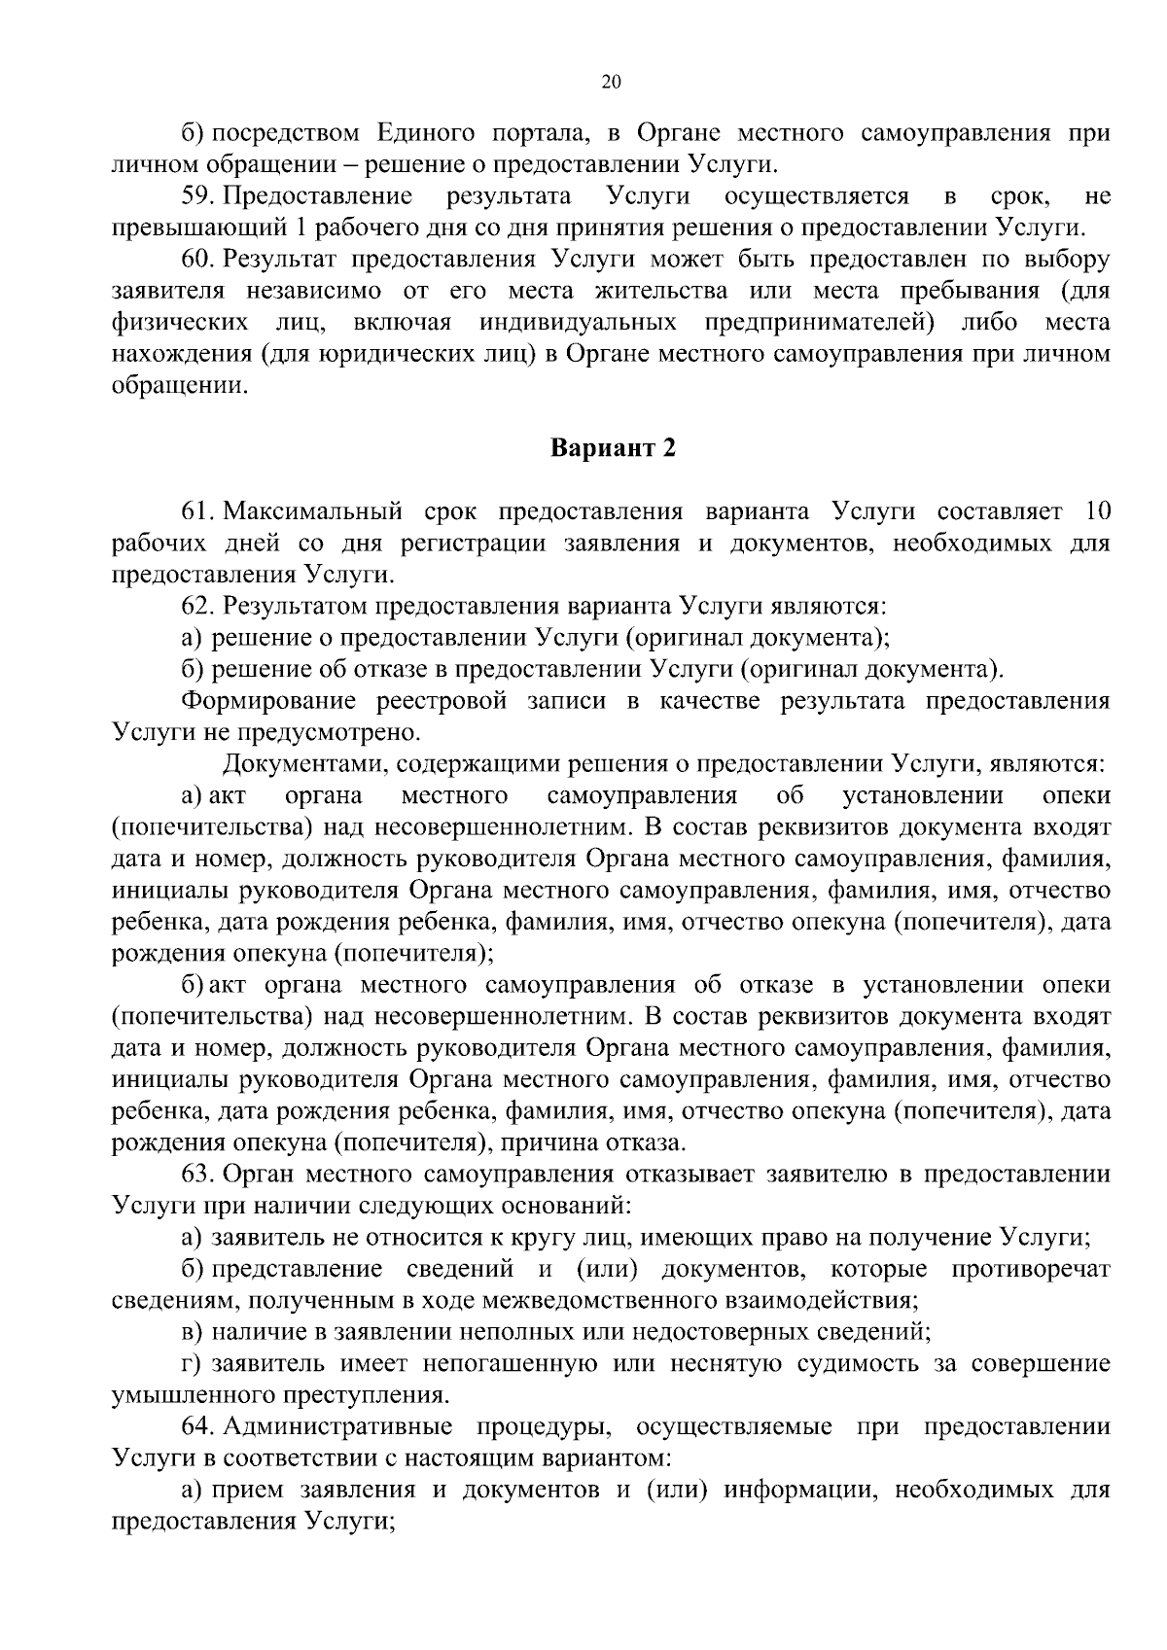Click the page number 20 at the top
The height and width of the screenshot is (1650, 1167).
click(611, 83)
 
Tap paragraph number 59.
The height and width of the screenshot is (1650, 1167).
click(197, 197)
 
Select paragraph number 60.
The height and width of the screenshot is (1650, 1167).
click(197, 260)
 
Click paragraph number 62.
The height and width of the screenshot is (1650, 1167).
click(197, 607)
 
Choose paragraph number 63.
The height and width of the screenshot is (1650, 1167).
click(197, 1175)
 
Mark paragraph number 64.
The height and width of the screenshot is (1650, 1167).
click(197, 1426)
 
